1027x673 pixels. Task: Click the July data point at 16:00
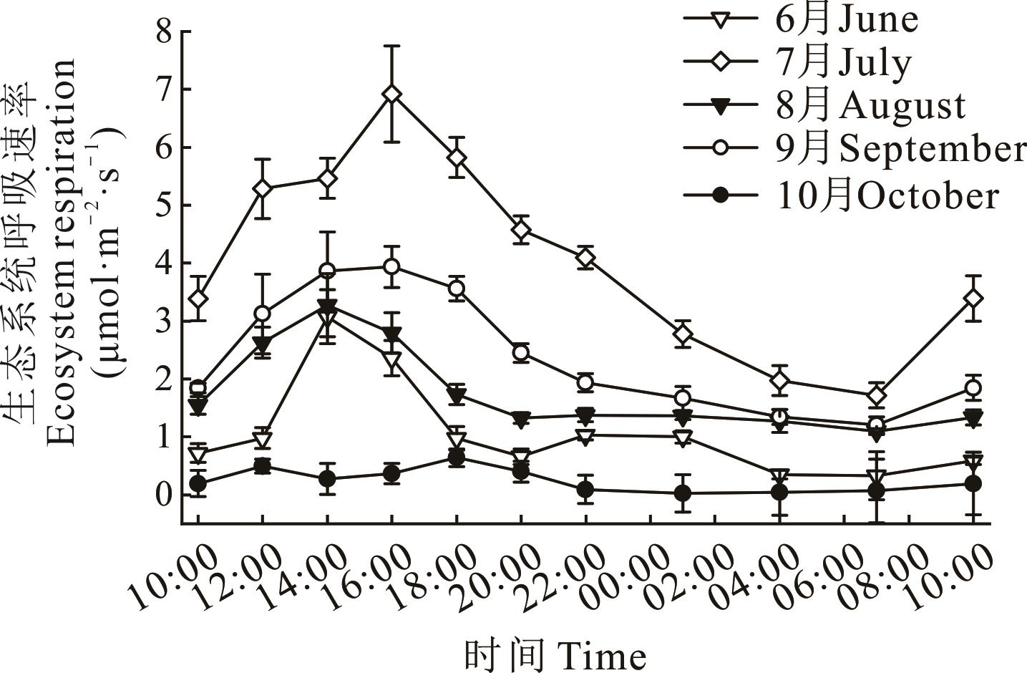point(391,95)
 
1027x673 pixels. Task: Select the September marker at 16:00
point(391,266)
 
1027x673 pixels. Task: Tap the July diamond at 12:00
point(263,189)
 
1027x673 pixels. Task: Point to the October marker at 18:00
point(457,458)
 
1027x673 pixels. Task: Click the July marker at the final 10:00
point(973,298)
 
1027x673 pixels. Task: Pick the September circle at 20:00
point(521,352)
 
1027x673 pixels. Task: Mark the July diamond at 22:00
point(586,257)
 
